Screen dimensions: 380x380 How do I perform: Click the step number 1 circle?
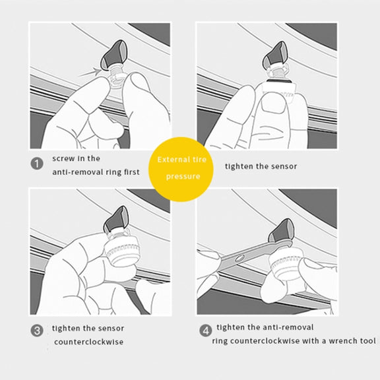[x=37, y=164]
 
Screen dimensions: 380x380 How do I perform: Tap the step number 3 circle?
[x=37, y=331]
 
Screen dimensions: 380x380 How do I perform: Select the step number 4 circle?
[x=206, y=331]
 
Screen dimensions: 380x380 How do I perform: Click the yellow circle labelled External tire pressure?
[x=181, y=169]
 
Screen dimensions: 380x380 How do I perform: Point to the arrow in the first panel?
[x=89, y=73]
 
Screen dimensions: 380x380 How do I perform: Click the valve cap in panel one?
[x=113, y=55]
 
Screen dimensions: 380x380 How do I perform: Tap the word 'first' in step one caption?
[x=132, y=172]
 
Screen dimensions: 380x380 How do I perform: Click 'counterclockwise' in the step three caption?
[x=88, y=342]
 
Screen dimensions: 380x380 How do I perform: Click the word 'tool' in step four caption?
[x=368, y=341]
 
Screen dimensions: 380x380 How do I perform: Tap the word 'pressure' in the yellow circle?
[x=183, y=177]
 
